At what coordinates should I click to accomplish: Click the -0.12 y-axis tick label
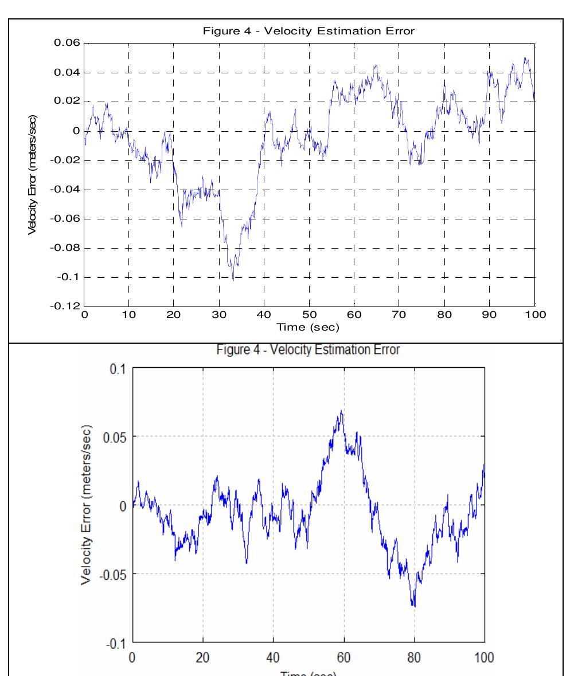[67, 306]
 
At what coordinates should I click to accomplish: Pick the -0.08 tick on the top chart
[67, 248]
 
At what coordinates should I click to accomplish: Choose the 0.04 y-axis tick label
[68, 73]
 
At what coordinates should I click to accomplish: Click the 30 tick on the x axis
[219, 315]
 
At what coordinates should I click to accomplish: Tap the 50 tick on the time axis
[309, 315]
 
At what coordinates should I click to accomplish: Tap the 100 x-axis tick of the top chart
[534, 315]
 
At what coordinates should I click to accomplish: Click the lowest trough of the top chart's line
[233, 280]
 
